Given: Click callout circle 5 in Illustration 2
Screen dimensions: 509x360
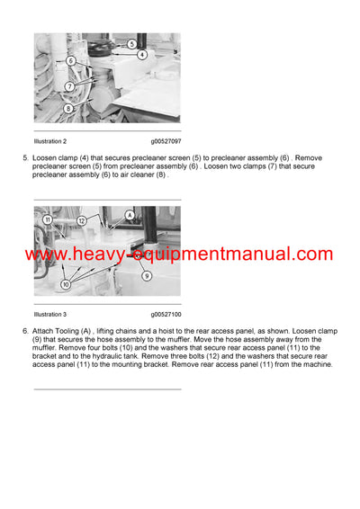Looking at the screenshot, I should (130, 43).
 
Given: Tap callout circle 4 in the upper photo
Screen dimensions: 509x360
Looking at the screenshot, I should (142, 55).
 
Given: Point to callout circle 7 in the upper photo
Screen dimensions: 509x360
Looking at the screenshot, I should (68, 87).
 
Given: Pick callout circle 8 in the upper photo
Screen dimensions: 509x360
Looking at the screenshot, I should (68, 108).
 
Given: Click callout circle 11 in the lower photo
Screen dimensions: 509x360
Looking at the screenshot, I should (47, 219).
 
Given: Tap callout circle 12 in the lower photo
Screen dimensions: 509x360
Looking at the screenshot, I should (80, 220).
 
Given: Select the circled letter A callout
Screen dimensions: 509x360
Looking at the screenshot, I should (130, 215).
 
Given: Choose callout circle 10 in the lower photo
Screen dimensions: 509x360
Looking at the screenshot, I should (66, 284).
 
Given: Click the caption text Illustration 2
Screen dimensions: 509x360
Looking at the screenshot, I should (50, 142).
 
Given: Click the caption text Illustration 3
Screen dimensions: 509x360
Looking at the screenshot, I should (50, 315).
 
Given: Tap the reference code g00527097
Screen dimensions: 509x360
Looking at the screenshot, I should (166, 142).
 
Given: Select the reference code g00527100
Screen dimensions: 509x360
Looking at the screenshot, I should (166, 315).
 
